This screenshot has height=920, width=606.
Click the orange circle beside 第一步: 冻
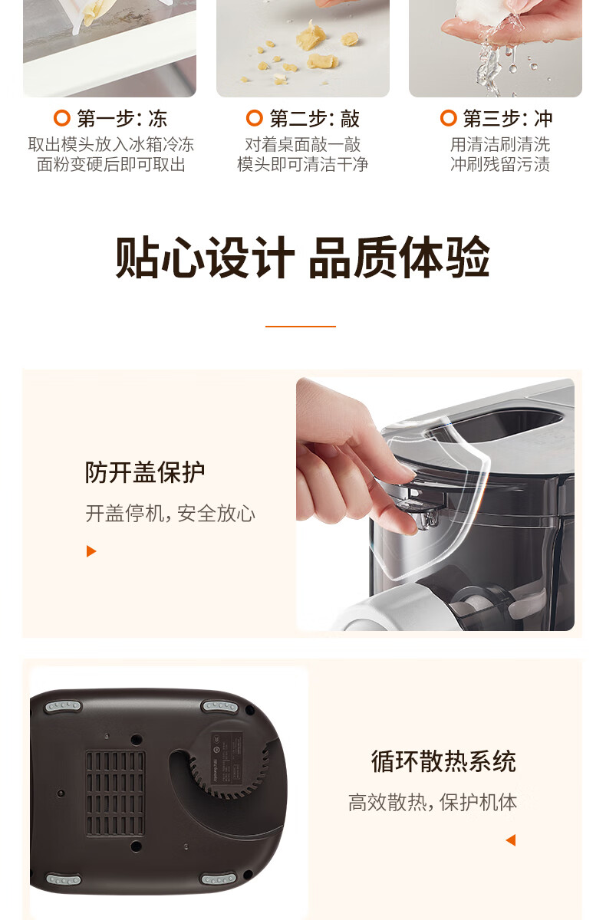(x=61, y=118)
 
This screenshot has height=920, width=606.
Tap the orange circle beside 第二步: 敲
(x=255, y=118)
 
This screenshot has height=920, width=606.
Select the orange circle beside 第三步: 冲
(x=448, y=118)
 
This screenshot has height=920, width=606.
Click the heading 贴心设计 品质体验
(x=302, y=258)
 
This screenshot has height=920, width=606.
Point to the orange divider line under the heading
(x=301, y=326)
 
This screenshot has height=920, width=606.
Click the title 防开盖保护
(x=145, y=472)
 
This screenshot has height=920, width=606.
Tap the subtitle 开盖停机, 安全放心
(x=170, y=514)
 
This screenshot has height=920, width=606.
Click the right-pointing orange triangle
(x=91, y=551)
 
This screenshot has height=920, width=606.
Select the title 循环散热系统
(x=443, y=761)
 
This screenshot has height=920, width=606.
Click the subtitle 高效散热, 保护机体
(x=433, y=802)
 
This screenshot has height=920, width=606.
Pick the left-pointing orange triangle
(x=511, y=840)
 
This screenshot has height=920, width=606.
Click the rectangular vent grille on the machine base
(x=116, y=793)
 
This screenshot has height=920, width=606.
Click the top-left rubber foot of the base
(x=62, y=706)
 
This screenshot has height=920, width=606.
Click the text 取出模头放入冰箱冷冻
(x=111, y=145)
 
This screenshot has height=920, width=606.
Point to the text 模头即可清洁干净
(x=302, y=165)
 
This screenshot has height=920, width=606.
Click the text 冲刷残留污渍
(x=500, y=165)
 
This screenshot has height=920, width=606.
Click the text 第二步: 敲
(x=315, y=118)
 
